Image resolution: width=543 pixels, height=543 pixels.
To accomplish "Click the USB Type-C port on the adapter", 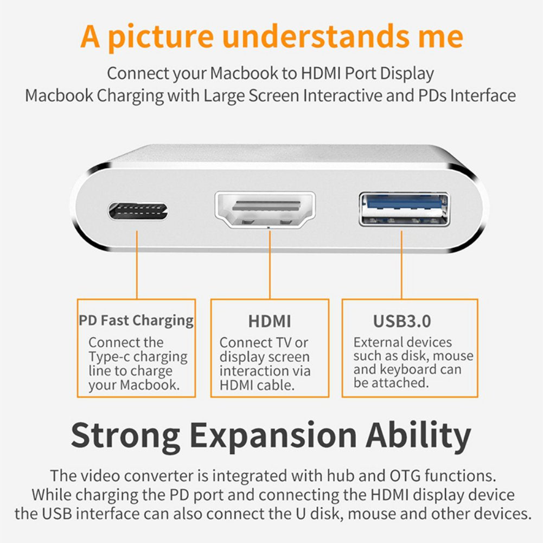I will [x=138, y=211].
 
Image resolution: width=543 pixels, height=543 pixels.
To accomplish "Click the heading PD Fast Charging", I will [x=136, y=320].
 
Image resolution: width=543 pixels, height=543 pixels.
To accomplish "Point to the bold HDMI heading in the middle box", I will [x=270, y=321].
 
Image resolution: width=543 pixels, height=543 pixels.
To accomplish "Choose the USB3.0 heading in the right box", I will [x=402, y=321].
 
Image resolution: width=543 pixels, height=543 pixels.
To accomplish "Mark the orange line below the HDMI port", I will [x=270, y=263].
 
